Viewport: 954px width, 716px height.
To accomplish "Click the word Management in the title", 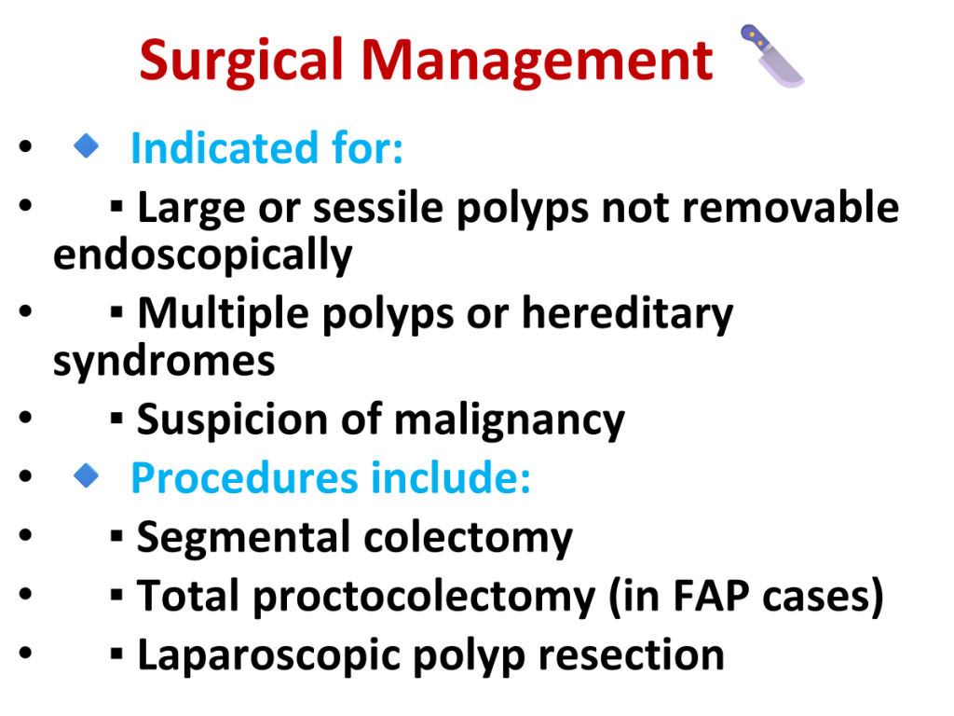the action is click(537, 62).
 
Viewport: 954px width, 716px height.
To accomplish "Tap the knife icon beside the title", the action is click(771, 55).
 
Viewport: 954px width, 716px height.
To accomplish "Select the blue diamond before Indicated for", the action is click(87, 146).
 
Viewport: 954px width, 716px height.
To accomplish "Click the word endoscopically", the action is click(202, 255).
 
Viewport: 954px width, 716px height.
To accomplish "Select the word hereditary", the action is click(627, 314).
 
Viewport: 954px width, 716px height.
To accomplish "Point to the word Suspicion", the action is click(232, 420).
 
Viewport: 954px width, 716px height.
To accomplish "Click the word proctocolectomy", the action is click(424, 597).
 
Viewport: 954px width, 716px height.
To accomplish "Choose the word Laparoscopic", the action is click(268, 655).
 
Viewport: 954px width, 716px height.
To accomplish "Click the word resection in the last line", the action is click(632, 655).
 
